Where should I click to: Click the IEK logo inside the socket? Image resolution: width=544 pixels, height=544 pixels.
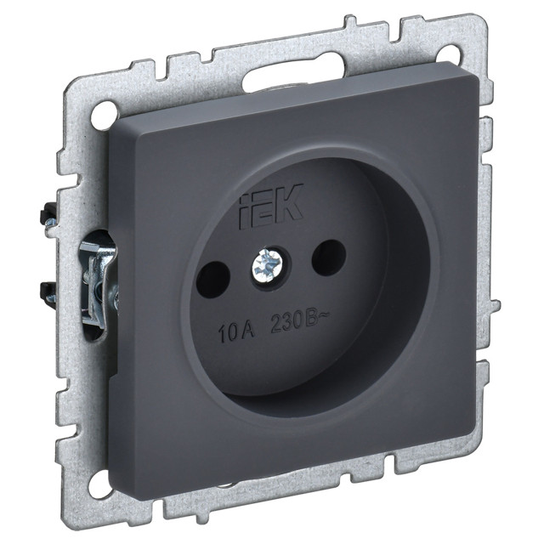point(271,207)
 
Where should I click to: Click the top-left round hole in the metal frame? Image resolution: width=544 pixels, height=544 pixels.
point(104,111)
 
